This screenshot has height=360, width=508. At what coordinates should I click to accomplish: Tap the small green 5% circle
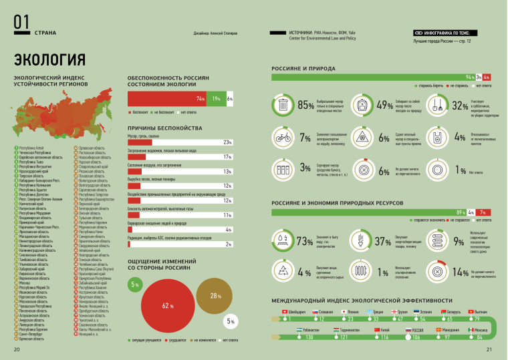pos(135,285)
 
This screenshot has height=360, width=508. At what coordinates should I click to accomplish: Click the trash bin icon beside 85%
pos(283,105)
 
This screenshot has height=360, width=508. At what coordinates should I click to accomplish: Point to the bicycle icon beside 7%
pos(283,138)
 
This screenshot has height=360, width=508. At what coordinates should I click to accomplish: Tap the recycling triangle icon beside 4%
pos(283,272)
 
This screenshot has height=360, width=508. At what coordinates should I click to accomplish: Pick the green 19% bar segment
pos(216,98)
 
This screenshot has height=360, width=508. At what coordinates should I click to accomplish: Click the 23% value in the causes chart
pos(227,142)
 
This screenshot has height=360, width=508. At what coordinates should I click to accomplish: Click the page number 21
pos(489,349)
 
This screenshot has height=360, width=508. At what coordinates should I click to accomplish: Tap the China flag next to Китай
pos(375,330)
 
